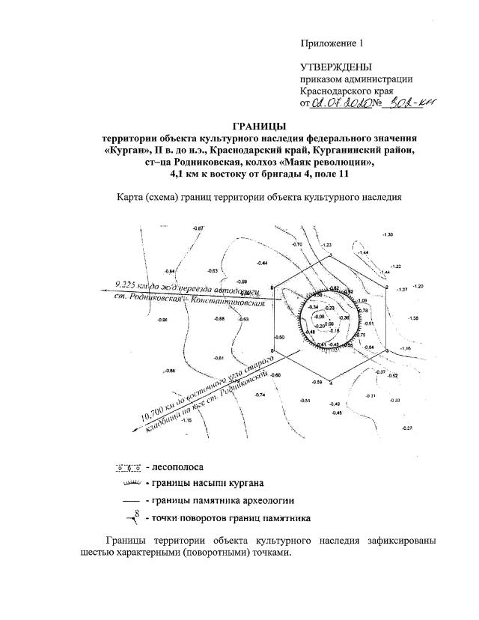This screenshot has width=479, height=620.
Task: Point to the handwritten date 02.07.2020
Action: [341, 104]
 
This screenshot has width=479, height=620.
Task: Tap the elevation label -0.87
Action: [198, 228]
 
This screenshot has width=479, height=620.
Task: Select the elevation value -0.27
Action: [407, 427]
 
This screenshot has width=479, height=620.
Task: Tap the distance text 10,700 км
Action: [154, 407]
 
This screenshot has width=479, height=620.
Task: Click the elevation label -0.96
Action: [162, 320]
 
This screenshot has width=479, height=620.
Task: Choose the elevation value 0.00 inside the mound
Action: [328, 323]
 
